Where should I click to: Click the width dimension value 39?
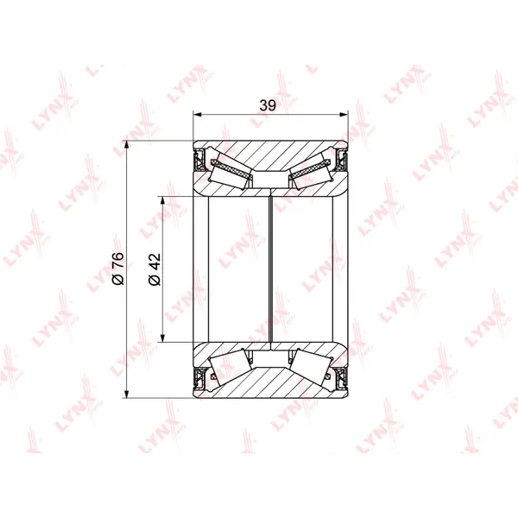pos(268,105)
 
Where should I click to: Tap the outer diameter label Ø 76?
pos(118,268)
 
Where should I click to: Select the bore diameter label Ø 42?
pos(155,269)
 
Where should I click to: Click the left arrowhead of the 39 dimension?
pos(197,115)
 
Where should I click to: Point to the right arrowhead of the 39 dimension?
pos(344,115)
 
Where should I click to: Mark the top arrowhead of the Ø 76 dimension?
pos(127,145)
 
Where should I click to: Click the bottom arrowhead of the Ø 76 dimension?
pos(127,394)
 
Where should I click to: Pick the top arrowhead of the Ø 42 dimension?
pos(162,200)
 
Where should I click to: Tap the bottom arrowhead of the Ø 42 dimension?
pos(162,338)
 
